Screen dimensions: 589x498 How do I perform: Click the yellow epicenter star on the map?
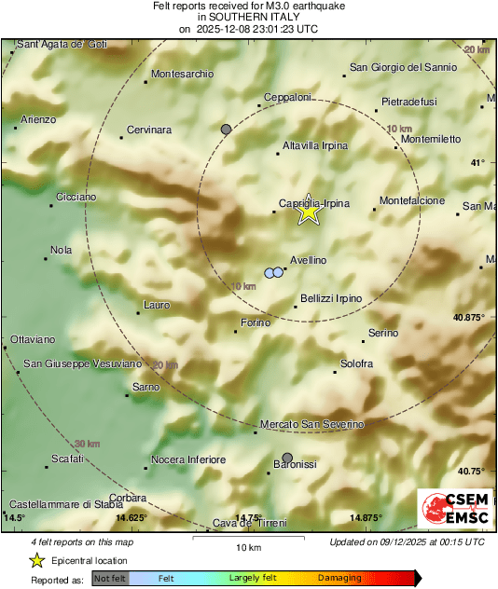[308, 212]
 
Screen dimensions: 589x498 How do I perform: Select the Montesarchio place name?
[182, 74]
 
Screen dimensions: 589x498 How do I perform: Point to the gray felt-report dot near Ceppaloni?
[226, 129]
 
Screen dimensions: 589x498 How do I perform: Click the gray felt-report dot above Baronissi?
[287, 458]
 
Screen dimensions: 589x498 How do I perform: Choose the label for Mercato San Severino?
[311, 424]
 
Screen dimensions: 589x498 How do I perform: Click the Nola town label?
[62, 250]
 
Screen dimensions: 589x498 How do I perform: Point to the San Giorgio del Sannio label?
[403, 67]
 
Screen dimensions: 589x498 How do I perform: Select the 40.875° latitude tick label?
[469, 318]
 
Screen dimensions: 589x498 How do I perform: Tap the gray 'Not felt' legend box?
[109, 579]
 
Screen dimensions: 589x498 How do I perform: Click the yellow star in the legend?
[36, 560]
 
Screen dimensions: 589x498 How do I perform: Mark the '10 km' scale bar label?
[247, 547]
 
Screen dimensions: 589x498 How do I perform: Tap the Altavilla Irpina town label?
[315, 146]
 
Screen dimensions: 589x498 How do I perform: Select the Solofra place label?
[357, 363]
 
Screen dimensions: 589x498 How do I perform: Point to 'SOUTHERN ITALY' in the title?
[248, 17]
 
